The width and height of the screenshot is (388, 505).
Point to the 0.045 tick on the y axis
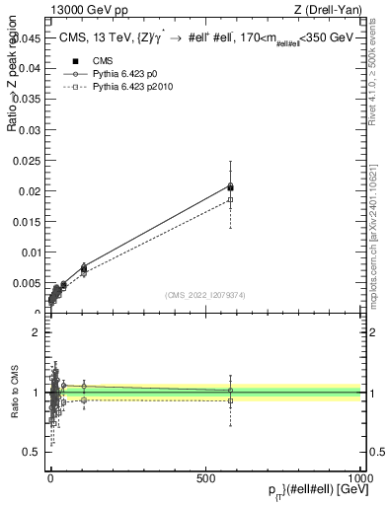click(28, 38)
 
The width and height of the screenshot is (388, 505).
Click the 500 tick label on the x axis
click(205, 475)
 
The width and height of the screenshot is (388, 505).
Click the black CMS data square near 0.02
click(230, 186)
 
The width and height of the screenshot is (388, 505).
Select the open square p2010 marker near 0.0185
click(230, 199)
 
